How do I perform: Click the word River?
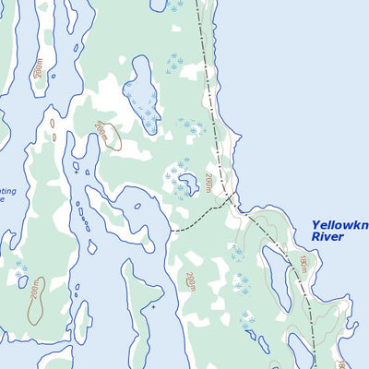coord(327,237)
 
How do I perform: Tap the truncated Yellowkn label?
coord(339,224)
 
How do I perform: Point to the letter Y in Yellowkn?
coord(315,224)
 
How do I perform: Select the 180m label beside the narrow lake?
coord(302,266)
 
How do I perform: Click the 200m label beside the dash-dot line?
coord(210,183)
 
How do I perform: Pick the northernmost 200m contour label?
coord(38,69)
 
